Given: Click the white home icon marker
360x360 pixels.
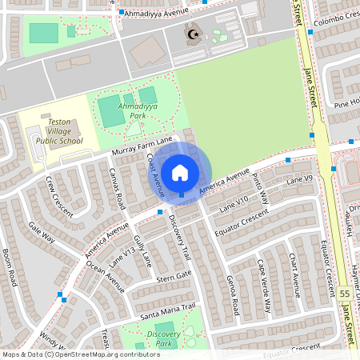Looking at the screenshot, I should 180,171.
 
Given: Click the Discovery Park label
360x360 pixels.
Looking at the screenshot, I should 164,338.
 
